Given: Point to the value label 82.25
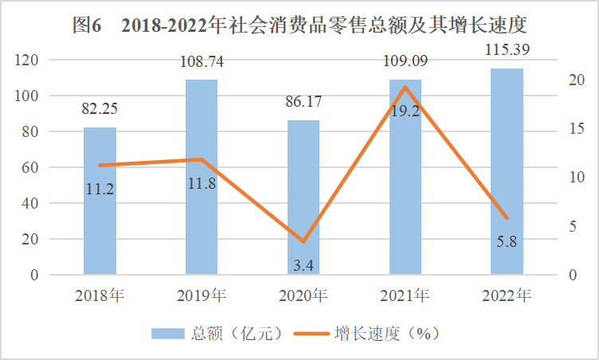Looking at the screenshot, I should tap(100, 109).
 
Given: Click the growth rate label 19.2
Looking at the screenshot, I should tap(405, 111).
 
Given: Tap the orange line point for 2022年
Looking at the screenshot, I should tap(507, 218).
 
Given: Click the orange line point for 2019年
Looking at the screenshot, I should tap(202, 159).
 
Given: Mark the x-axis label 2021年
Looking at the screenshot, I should tap(405, 297).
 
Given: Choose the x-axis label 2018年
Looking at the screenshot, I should tap(100, 297).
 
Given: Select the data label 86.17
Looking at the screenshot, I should tap(303, 102).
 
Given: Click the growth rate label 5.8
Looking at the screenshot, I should tap(507, 241).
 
